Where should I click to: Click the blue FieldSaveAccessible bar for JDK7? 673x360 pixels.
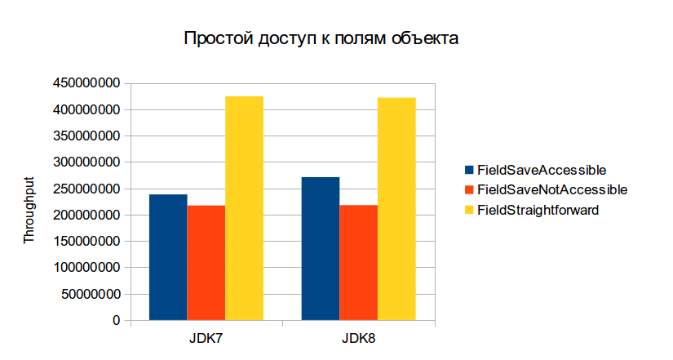[x=168, y=257]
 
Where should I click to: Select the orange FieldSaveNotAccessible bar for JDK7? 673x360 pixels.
[x=206, y=263]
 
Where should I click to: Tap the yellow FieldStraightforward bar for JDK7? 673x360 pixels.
[x=244, y=208]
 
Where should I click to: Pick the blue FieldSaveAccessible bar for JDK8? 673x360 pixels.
[x=321, y=248]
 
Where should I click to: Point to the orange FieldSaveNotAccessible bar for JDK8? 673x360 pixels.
[x=359, y=263]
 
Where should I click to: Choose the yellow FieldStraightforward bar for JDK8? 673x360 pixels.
[x=396, y=209]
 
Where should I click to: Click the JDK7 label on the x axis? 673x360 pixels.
[x=206, y=339]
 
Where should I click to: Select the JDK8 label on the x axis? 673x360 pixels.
[x=359, y=339]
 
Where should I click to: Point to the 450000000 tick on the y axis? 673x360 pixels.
[x=86, y=83]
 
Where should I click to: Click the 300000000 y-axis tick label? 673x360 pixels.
[x=86, y=162]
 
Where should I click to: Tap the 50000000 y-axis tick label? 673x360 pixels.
[x=90, y=294]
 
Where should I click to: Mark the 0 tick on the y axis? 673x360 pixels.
[x=117, y=321]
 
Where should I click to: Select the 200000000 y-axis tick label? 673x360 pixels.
[x=86, y=216]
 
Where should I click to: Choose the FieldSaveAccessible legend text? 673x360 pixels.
[x=541, y=170]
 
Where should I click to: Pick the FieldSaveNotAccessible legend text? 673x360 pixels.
[x=551, y=189]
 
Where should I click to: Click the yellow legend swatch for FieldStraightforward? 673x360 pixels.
[x=468, y=210]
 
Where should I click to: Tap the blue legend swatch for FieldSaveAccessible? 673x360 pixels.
[x=468, y=170]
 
